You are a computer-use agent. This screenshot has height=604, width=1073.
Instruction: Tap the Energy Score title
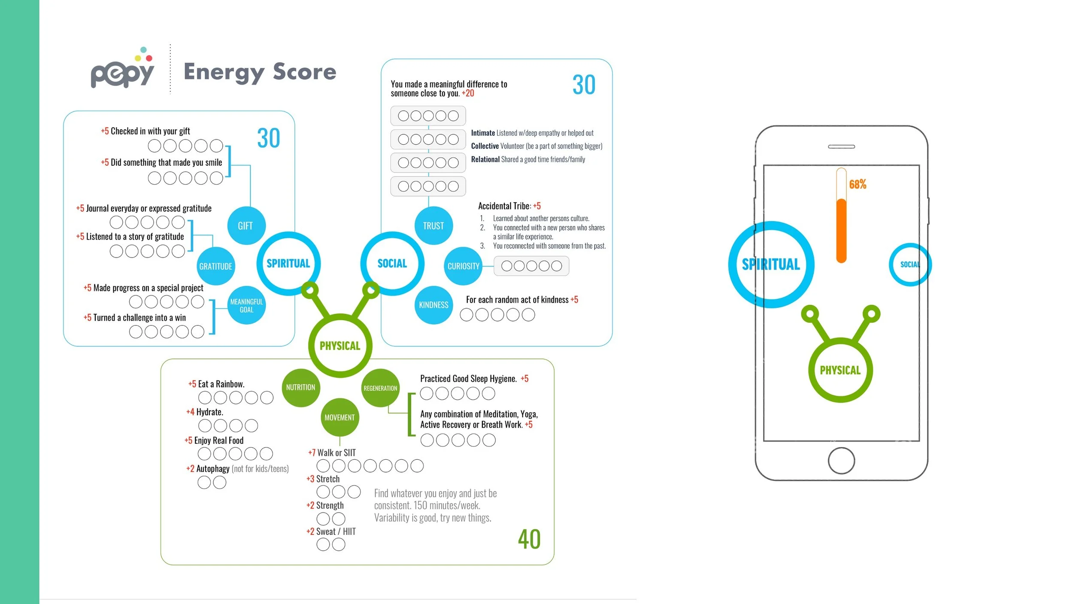[260, 72]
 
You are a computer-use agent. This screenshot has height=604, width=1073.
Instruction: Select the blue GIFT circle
[246, 226]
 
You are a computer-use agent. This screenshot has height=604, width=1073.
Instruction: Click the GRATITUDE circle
[215, 266]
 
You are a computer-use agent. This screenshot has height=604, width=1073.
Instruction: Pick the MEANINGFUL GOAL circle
[246, 305]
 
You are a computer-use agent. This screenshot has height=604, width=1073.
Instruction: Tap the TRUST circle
[433, 226]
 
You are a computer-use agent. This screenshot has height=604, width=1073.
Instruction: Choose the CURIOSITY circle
[464, 266]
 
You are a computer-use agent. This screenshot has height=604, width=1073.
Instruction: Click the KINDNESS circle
[433, 305]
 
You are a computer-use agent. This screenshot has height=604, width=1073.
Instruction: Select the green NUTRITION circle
[300, 387]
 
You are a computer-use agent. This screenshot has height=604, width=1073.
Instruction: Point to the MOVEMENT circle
[339, 417]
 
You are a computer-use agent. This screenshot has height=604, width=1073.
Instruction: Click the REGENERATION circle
[380, 388]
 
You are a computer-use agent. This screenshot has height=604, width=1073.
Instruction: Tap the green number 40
[529, 539]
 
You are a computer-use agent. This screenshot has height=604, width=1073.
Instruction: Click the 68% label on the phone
[858, 185]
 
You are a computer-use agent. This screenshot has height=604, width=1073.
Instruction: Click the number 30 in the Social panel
[584, 85]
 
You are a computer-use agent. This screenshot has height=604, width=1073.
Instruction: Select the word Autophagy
[213, 469]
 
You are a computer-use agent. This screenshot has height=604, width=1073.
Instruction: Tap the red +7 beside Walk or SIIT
[312, 452]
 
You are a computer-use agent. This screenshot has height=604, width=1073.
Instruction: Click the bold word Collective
[485, 146]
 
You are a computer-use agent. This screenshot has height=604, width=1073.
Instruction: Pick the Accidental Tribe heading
[509, 206]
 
